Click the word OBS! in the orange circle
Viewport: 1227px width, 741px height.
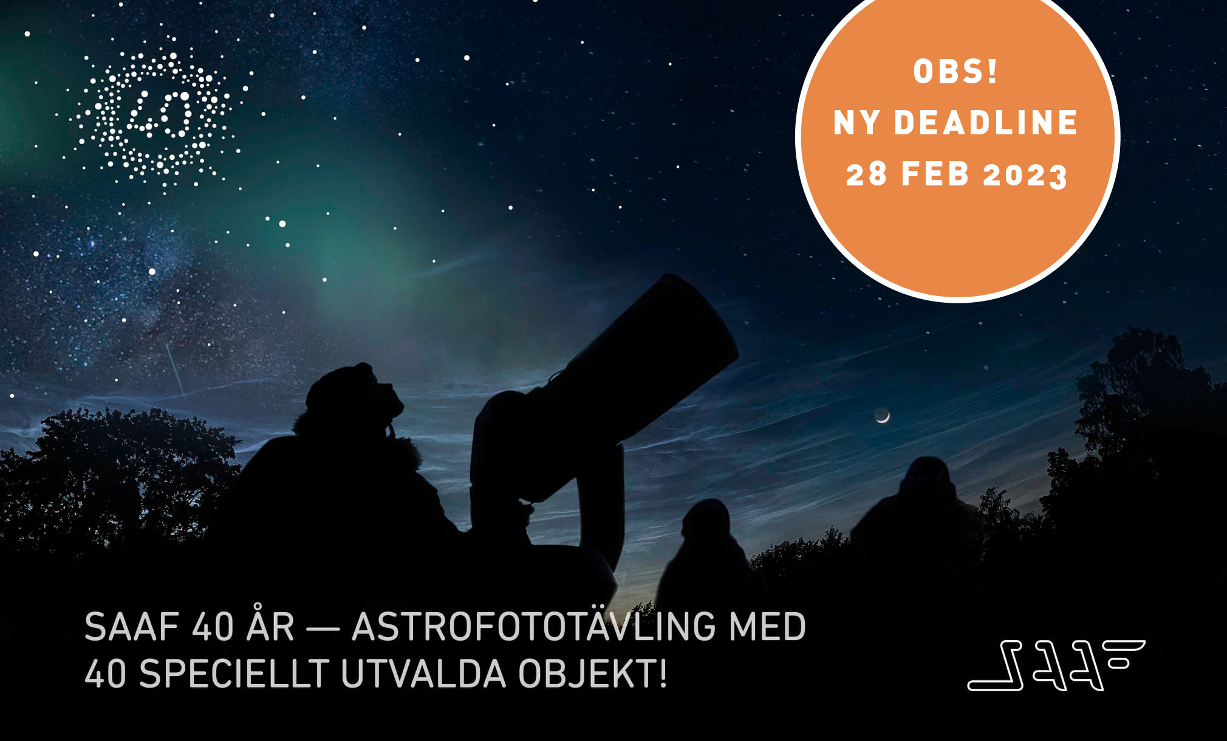[955, 72]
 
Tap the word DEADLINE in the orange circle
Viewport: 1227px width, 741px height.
[986, 123]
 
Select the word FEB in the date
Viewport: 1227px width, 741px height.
[935, 174]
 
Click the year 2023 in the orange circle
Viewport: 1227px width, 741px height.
[1025, 176]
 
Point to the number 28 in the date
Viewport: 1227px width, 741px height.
[866, 174]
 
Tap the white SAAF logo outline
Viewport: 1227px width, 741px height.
[1056, 665]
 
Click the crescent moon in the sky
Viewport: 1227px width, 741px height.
[883, 416]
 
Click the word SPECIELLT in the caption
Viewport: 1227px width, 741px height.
[234, 674]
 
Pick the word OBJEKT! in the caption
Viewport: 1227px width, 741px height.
[592, 674]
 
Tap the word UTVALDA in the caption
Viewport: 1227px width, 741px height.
[423, 674]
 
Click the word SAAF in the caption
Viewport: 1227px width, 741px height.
[132, 627]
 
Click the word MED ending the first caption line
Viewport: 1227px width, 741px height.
[767, 627]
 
